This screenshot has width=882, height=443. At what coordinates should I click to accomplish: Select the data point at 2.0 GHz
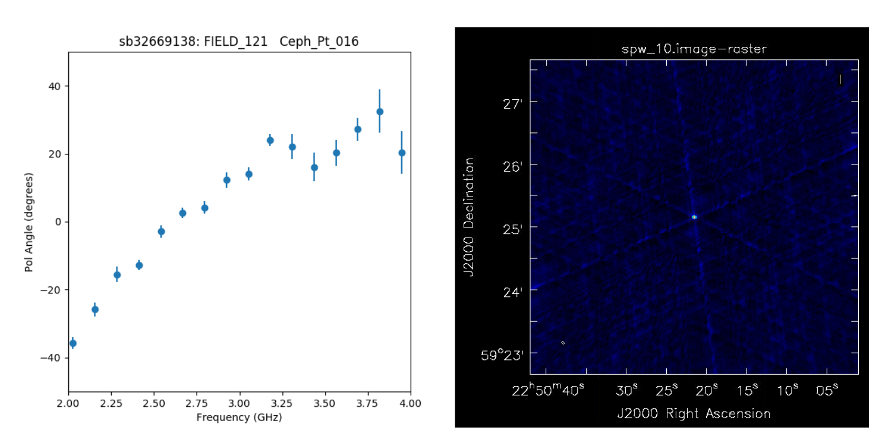tap(73, 343)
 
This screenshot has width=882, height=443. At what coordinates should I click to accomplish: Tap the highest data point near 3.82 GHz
tap(380, 112)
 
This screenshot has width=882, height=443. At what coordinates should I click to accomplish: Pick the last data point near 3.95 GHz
tap(402, 153)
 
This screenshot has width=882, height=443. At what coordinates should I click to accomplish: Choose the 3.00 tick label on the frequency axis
tap(240, 403)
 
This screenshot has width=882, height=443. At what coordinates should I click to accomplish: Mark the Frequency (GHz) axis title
tap(239, 417)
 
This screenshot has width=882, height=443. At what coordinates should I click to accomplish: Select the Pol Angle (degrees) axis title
tap(29, 222)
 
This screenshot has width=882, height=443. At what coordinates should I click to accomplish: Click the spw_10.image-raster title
tap(694, 49)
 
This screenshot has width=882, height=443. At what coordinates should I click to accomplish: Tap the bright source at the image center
tap(694, 217)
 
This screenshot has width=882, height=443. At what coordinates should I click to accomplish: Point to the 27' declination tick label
tap(512, 102)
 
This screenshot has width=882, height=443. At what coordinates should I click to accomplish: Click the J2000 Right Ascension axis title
tap(694, 413)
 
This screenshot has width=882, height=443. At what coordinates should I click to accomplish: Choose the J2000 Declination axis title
tap(470, 217)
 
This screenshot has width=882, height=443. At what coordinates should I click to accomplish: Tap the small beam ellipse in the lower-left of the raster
tap(563, 343)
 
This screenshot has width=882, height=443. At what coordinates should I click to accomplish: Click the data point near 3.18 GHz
tap(270, 140)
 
